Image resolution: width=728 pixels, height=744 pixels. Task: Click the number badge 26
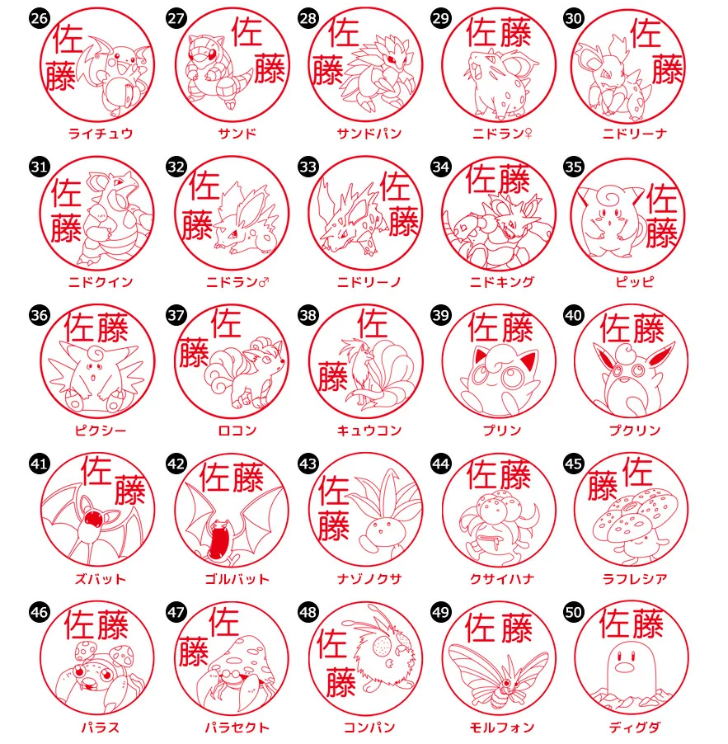pos(39,18)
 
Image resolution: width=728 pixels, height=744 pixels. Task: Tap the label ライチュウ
pos(101,134)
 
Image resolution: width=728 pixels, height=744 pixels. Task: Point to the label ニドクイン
pos(101,282)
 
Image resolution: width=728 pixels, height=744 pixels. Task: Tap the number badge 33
pos(308,167)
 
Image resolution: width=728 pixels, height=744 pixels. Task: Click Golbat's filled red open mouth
pos(220,541)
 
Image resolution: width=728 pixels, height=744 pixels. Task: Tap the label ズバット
pos(101,579)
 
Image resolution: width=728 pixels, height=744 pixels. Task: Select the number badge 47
pos(175,612)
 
